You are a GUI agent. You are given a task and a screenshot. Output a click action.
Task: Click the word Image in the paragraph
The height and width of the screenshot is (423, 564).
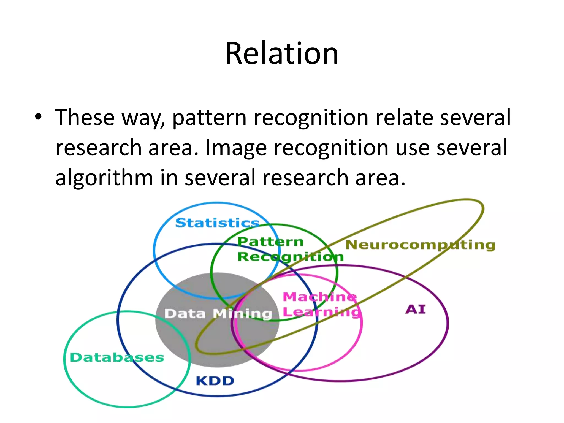point(236,148)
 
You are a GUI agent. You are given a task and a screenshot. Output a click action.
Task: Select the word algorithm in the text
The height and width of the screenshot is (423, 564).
point(104,178)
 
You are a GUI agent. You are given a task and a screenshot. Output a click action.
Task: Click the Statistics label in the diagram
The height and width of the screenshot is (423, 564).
point(217,223)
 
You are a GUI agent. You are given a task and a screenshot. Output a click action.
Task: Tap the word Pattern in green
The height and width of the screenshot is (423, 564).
point(270,242)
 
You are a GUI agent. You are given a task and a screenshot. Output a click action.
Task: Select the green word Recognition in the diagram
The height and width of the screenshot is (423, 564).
point(291,257)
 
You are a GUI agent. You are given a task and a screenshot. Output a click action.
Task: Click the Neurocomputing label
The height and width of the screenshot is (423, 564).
point(420,245)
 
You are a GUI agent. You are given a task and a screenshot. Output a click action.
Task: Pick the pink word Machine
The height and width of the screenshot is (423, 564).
point(320,297)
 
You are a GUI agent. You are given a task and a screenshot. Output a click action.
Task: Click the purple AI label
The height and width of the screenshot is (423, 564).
point(415,310)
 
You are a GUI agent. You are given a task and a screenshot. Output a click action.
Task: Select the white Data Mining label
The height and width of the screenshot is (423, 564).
point(218,314)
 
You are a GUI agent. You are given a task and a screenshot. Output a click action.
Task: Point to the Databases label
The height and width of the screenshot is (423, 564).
point(117,357)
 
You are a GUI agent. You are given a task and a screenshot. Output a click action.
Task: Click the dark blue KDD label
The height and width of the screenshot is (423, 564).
point(215,381)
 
